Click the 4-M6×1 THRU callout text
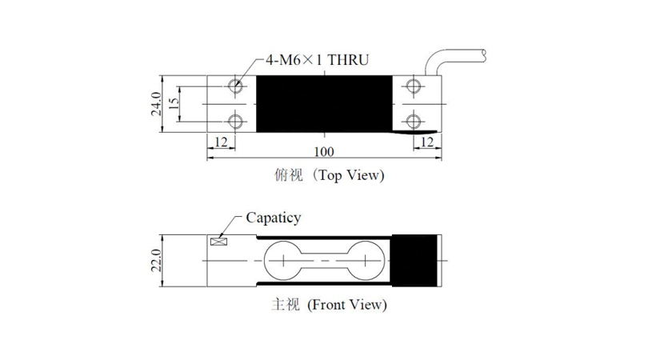coord(317,60)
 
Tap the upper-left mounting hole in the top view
coord(235,86)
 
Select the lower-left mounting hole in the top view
coord(235,122)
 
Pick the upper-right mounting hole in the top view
coord(414,86)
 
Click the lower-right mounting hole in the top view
coord(414,122)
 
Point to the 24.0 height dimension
coord(156,104)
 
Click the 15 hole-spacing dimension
coord(174,103)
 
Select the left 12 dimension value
coord(221,142)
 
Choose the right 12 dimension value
coord(427,142)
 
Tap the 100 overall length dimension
coord(324,152)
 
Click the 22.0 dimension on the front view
coord(156,260)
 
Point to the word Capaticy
coord(273,218)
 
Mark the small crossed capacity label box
coord(218,242)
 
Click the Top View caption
coord(330,175)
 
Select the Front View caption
coord(329,305)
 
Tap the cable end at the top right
coord(483,56)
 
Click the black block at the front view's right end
coord(414,261)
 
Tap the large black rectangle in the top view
coord(325,104)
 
